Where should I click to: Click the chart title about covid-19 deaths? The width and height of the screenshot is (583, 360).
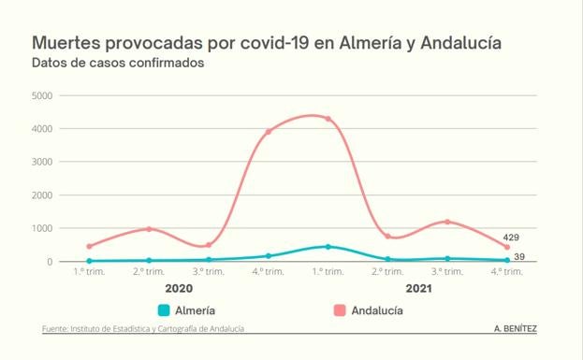point(266,44)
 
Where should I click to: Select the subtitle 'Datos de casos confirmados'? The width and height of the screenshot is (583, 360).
point(117,64)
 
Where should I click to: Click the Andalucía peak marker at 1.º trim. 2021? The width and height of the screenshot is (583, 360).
point(328,119)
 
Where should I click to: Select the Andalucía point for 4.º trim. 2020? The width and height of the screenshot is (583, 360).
point(269,132)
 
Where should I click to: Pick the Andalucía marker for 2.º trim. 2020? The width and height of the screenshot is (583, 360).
point(149,229)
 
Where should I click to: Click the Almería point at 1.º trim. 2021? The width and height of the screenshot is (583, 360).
point(328,247)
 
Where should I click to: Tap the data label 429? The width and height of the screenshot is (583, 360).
point(512,238)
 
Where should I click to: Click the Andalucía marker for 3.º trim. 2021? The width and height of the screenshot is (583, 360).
point(447,222)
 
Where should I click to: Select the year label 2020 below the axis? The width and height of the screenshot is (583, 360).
point(179,289)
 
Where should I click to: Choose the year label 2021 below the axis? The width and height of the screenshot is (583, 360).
point(417,289)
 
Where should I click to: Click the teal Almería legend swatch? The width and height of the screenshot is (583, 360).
point(164,310)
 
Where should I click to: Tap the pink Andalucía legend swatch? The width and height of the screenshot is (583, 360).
point(338,310)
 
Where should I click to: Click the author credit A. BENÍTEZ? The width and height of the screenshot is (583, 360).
point(515,329)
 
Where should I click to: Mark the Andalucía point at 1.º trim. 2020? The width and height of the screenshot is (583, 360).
point(90,247)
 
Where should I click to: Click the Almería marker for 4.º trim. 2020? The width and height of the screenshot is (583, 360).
point(269,255)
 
